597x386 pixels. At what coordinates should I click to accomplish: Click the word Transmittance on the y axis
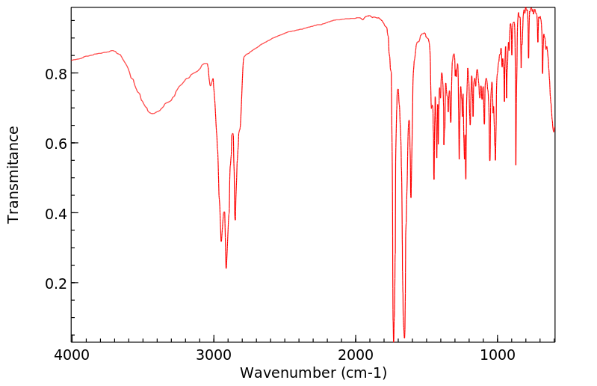(13, 174)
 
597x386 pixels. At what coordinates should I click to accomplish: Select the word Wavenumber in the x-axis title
(288, 372)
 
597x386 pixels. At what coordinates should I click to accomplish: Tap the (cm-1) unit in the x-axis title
(363, 372)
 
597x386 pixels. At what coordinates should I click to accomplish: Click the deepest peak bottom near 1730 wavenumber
(394, 338)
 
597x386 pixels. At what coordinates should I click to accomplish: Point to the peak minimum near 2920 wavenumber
(226, 268)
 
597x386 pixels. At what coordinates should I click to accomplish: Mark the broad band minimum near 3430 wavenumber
(152, 114)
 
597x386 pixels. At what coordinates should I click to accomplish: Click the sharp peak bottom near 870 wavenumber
(516, 165)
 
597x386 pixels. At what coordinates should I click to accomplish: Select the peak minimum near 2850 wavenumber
(235, 220)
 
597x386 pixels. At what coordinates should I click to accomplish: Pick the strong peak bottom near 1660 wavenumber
(404, 337)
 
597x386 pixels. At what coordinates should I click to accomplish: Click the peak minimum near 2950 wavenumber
(221, 241)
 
